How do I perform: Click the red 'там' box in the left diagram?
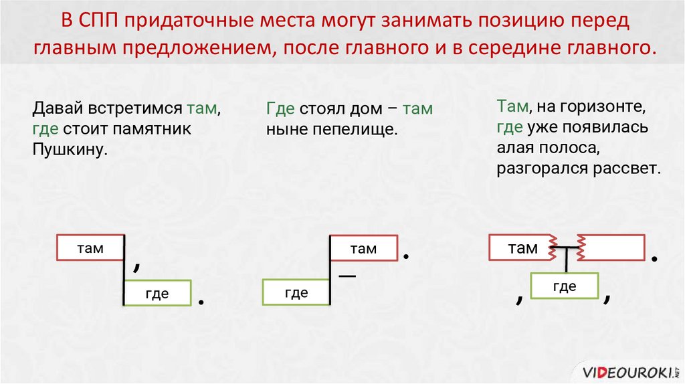90,248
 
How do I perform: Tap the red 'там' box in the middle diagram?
363,249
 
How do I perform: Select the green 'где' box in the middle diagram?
296,292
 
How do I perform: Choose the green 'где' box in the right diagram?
565,286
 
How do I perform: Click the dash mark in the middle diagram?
347,276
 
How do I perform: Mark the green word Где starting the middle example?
280,108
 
